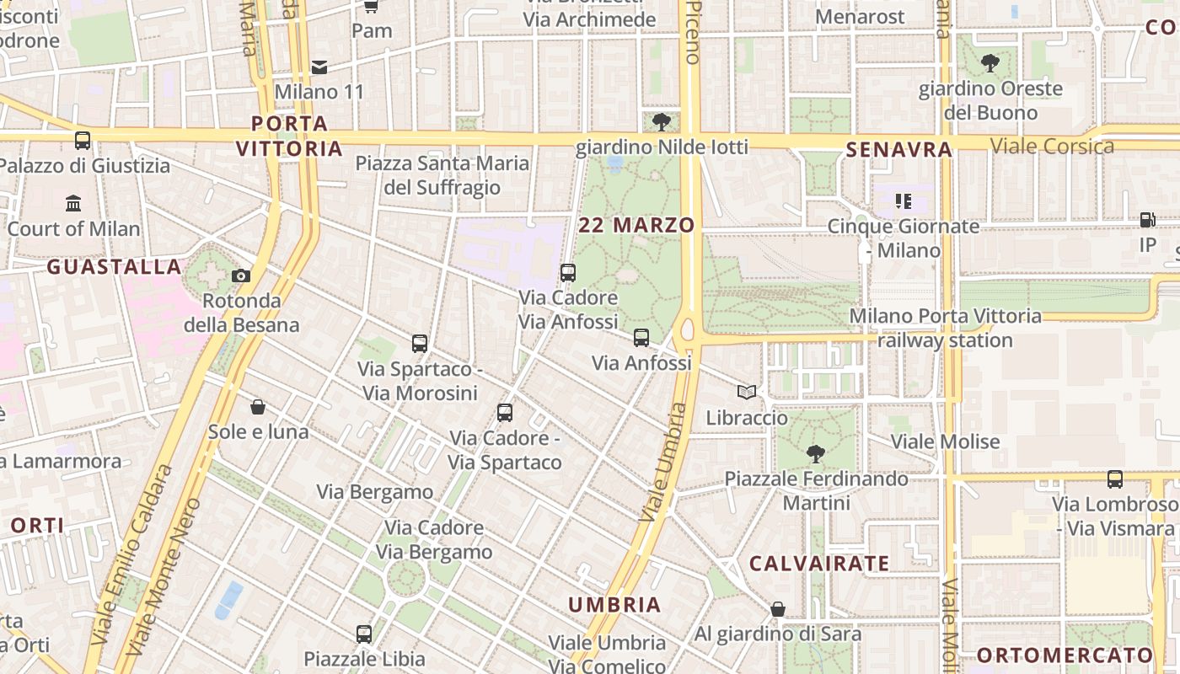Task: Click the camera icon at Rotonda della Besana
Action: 240,275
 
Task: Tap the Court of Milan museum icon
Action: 73,203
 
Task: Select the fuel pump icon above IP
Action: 1147,220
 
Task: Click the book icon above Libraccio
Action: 747,392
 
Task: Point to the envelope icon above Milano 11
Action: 319,67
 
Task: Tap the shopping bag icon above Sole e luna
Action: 258,407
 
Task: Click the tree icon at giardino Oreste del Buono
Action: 990,63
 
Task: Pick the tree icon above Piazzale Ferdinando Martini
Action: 815,454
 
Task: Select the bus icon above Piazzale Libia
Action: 364,634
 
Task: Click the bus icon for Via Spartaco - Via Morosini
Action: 420,344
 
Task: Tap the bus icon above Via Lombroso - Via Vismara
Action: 1115,479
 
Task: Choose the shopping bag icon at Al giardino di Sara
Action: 778,609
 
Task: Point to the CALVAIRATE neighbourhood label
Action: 818,563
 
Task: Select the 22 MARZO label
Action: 636,225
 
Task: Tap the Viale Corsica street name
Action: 1052,146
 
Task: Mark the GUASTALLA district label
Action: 114,267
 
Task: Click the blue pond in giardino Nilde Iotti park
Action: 615,163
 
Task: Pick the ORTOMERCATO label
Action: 1065,655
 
